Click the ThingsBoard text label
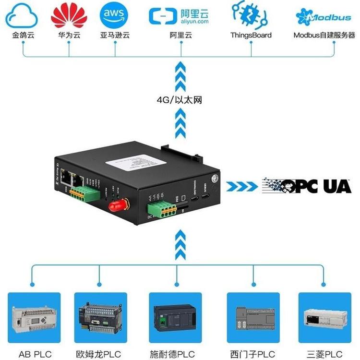251,35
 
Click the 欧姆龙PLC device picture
100,317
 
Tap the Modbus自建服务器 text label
324,35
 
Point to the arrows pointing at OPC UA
243,186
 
